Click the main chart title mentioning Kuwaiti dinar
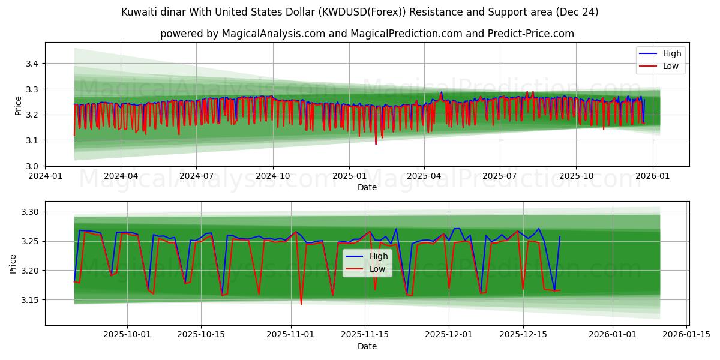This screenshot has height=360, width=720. tap(359, 12)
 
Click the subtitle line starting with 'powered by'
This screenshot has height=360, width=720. tap(367, 34)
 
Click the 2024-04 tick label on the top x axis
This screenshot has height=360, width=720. tap(121, 177)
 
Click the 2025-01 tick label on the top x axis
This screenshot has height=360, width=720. tap(349, 177)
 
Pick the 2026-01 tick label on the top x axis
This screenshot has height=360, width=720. tap(652, 177)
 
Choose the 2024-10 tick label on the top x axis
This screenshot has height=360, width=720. tap(273, 177)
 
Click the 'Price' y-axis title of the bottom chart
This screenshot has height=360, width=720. tap(13, 263)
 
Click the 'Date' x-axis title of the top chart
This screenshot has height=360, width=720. tap(367, 188)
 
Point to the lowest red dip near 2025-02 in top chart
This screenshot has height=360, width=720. tap(376, 144)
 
